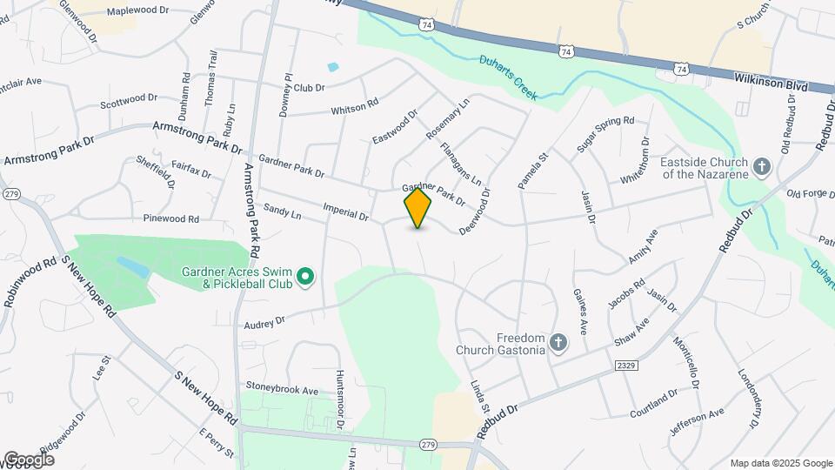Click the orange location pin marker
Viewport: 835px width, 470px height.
tap(418, 208)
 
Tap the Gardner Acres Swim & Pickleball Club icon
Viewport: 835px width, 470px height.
tap(304, 278)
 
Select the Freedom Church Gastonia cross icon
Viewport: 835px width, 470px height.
tap(558, 344)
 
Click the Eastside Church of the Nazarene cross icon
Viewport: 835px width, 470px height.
tap(762, 167)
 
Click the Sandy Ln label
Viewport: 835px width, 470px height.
tap(282, 211)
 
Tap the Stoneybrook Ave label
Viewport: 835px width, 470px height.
tap(282, 391)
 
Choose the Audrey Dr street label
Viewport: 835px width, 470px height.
tap(266, 322)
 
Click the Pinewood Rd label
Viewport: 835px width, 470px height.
tap(171, 218)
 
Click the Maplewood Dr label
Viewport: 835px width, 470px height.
tap(137, 12)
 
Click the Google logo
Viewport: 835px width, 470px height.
tap(29, 460)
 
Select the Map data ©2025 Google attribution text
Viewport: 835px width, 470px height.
tap(780, 463)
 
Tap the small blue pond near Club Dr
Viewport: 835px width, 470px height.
tap(332, 67)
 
